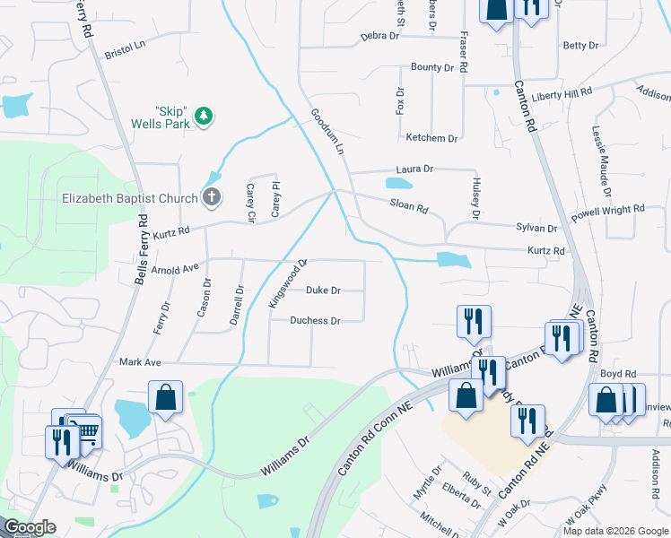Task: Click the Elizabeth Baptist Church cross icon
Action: tap(211, 197)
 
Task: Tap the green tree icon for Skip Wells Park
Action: tap(205, 116)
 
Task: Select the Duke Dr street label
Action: tap(323, 291)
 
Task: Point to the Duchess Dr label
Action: tap(315, 321)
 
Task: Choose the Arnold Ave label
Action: tap(175, 268)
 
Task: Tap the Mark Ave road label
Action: tap(140, 362)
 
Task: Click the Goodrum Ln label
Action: tap(327, 132)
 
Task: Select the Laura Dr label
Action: tap(414, 169)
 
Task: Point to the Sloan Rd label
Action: tap(409, 206)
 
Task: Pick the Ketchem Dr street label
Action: tap(431, 138)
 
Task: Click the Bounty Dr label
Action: tap(432, 67)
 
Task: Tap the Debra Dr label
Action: tap(379, 36)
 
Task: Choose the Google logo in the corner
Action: tap(30, 527)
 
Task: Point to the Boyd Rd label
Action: tap(618, 373)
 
